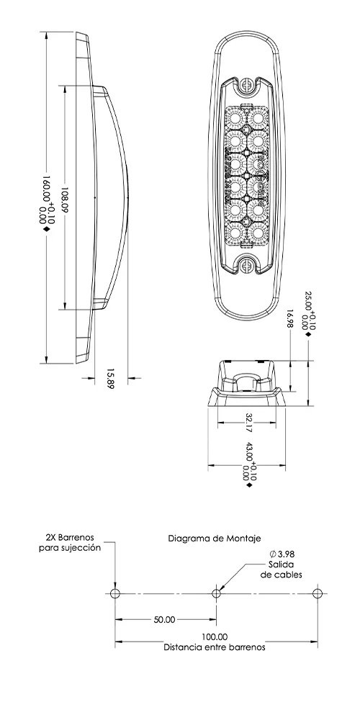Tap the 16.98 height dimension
coord(289,318)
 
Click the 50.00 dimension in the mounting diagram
coord(164,619)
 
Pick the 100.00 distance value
coord(215,636)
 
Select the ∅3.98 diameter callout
coord(282,554)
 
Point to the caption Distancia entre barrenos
coord(215,647)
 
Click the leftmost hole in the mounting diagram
coord(114,593)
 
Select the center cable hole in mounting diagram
coord(216,593)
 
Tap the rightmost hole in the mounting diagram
coord(317,593)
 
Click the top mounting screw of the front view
coord(247,85)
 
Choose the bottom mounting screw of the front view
coord(247,266)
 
